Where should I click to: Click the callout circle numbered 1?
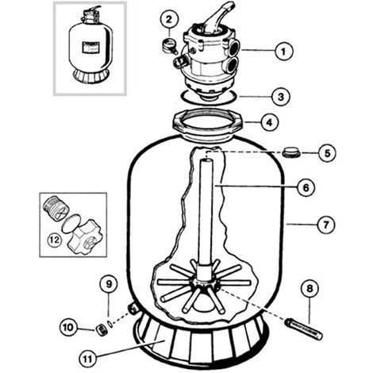[284, 51]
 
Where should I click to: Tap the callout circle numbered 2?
[169, 19]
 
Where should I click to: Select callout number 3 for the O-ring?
[281, 97]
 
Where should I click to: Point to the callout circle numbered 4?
[270, 122]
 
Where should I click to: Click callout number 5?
[327, 152]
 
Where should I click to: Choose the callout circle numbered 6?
[306, 187]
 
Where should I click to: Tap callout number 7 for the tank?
[326, 225]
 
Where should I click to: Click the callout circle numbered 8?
[310, 288]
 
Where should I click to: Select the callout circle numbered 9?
[109, 283]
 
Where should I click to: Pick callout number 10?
[68, 327]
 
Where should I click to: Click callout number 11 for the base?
[88, 359]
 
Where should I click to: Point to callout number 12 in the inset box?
[55, 240]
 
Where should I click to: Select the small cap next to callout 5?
[291, 152]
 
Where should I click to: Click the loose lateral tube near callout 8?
[304, 329]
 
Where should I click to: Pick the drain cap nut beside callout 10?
[101, 329]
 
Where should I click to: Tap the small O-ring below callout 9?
[110, 323]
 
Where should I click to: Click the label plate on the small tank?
[90, 47]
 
